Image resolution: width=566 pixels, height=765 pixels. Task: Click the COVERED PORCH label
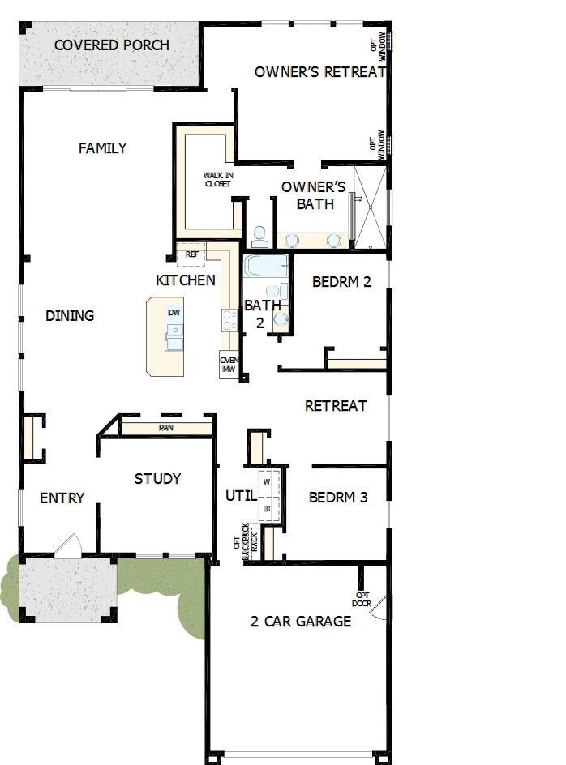click(112, 45)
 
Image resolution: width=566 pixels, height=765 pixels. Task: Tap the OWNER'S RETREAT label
click(319, 71)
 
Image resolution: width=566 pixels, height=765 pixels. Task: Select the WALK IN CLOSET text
click(217, 179)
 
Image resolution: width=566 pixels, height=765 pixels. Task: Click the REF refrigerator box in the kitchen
click(192, 254)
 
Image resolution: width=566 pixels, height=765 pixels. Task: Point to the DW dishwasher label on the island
click(174, 313)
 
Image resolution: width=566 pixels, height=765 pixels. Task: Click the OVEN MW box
click(228, 365)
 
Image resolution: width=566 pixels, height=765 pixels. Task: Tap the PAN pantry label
click(165, 428)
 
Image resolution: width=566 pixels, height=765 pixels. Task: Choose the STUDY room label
click(157, 479)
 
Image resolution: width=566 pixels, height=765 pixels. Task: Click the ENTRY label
click(62, 498)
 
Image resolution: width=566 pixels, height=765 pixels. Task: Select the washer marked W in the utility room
click(267, 482)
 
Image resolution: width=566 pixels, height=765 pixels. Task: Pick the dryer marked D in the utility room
click(267, 508)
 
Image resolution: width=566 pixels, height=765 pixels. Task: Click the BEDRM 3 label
click(338, 497)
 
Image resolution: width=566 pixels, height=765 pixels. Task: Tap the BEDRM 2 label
click(341, 282)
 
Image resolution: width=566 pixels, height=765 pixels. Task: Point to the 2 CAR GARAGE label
click(301, 622)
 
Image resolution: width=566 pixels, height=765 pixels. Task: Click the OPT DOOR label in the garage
click(362, 598)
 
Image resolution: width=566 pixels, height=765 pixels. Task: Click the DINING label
click(70, 315)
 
